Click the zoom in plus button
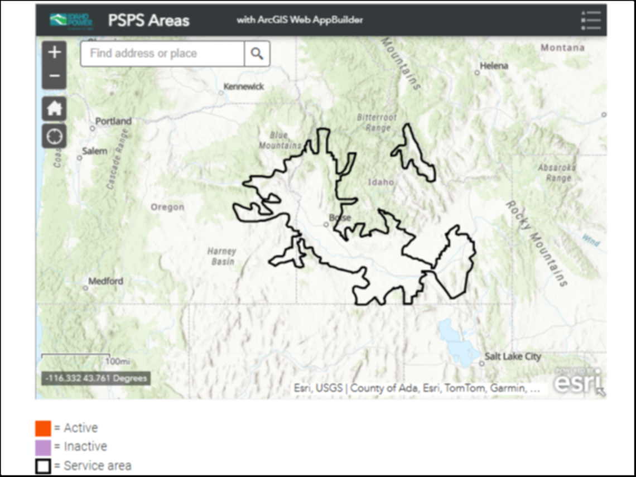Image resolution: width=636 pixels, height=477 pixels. pos(54,53)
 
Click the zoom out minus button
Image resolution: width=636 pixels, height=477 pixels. pos(54,76)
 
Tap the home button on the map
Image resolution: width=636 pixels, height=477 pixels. pos(54,108)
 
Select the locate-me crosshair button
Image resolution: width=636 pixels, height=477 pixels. pos(54,136)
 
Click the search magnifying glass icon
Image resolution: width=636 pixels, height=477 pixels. pos(257,54)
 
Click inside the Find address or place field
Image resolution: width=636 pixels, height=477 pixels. pos(162,54)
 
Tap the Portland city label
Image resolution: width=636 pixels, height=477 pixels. pos(113,121)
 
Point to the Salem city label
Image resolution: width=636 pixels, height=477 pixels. pos(94,151)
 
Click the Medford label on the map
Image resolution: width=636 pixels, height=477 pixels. pos(105,281)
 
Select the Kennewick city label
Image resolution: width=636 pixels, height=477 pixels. pos(243,86)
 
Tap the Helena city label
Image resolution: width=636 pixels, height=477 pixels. pos(494,66)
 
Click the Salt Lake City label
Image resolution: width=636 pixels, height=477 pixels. pos(512,356)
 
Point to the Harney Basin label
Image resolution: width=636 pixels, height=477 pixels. pos(221,257)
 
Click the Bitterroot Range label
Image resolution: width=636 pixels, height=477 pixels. pos(377,122)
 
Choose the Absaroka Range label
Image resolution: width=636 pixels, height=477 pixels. pos(555,172)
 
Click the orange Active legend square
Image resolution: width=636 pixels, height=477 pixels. pos(43,428)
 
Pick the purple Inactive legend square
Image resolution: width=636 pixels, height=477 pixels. pos(43,447)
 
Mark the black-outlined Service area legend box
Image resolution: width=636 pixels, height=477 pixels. pos(43,466)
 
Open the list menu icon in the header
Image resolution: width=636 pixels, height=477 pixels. pos(590,21)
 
